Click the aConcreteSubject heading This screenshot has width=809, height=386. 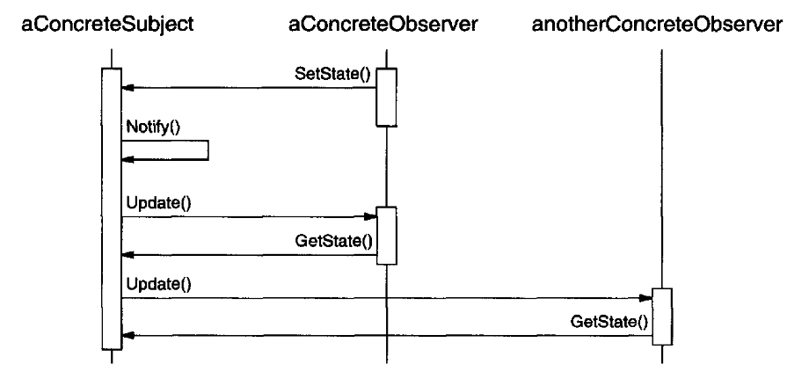(107, 24)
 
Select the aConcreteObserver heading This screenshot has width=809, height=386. (383, 24)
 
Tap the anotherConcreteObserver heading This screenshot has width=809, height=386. (657, 24)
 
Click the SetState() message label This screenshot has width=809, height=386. (332, 74)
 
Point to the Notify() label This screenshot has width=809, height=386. (153, 127)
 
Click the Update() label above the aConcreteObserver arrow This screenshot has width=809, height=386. (158, 204)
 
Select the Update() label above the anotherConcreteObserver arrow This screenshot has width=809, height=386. (158, 284)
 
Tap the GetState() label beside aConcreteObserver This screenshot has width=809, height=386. (334, 241)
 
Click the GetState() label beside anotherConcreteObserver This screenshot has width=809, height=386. (609, 322)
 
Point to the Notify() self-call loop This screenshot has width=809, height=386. (208, 150)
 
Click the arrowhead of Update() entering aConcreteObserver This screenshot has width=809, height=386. (371, 216)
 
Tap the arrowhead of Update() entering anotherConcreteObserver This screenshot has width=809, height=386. (646, 298)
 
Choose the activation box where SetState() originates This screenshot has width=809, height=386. (386, 97)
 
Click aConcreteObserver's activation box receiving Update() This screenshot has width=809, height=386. (386, 236)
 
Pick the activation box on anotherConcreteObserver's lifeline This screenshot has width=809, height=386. (662, 317)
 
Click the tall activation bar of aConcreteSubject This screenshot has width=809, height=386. (112, 208)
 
